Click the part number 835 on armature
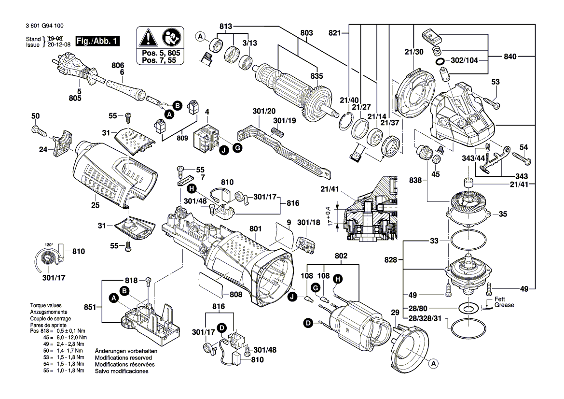coord(316,76)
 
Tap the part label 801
coord(256,228)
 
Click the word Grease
coord(504,305)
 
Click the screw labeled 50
coord(38,129)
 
